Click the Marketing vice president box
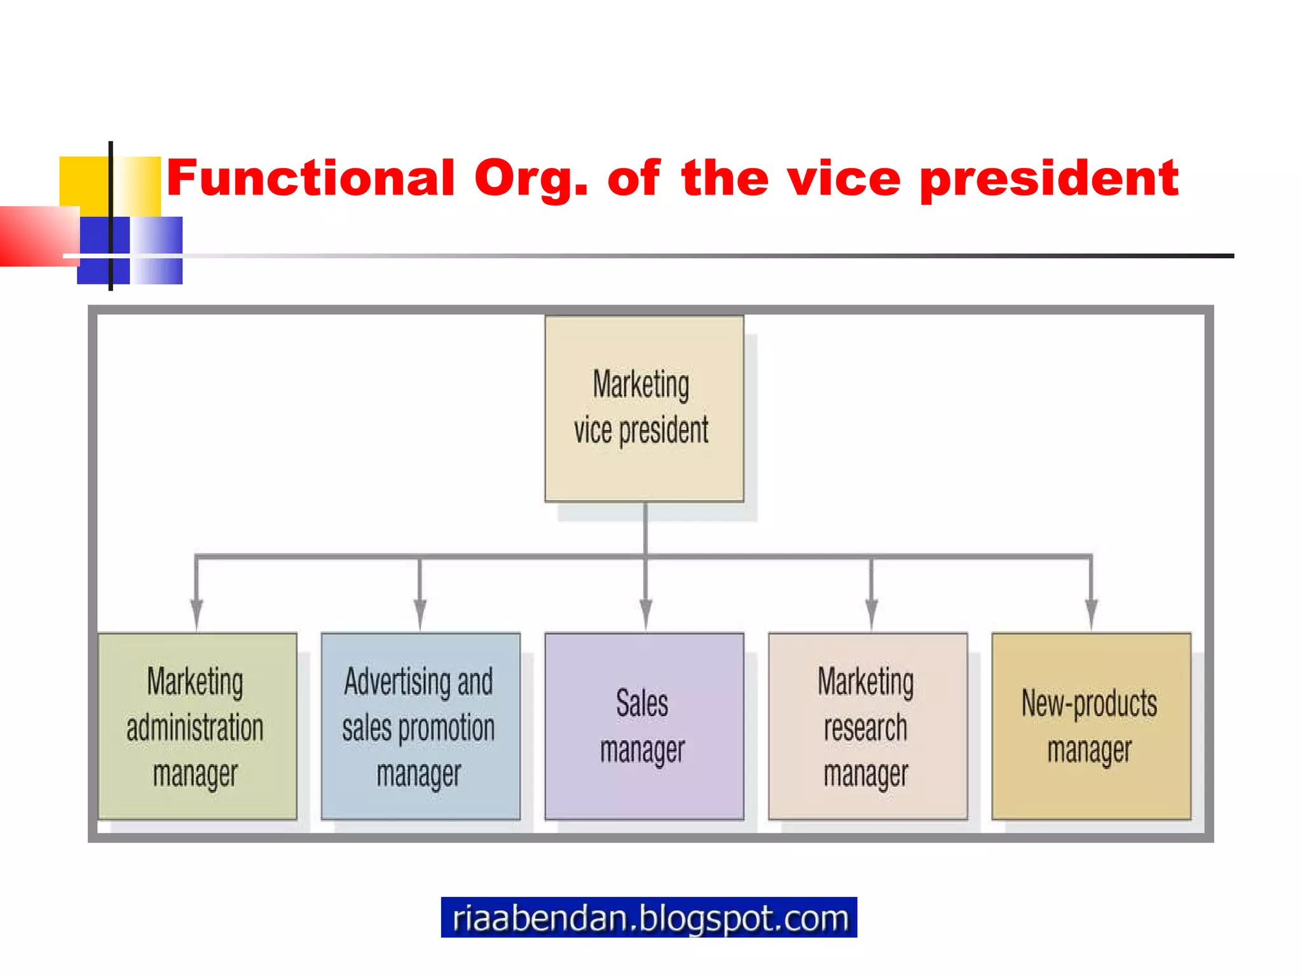643,408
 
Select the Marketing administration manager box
197,726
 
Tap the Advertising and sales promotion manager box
420,726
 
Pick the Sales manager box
643,726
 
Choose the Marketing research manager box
867,726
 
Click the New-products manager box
1091,726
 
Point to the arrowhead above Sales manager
645,613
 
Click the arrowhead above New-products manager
1091,613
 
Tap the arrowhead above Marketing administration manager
197,613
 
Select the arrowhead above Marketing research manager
871,613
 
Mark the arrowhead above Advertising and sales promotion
420,613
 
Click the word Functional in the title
310,178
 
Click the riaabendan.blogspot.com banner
648,917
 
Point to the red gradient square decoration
35,235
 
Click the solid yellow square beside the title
83,181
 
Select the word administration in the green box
195,728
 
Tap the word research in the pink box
865,728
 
